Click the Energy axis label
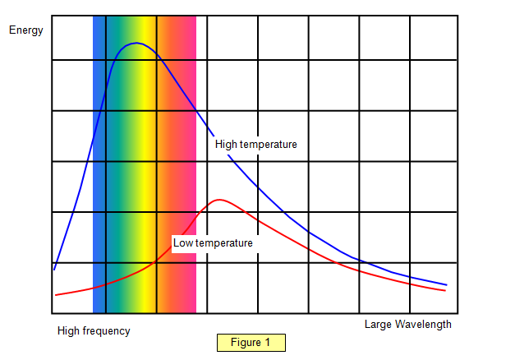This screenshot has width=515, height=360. pos(25,30)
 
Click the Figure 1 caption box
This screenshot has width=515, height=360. pos(251,342)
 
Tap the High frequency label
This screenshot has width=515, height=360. pos(94,330)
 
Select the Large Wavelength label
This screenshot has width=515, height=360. pos(407,324)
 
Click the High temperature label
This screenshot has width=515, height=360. pos(255,144)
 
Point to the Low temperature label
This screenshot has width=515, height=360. pos(213,242)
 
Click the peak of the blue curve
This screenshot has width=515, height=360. pos(135,44)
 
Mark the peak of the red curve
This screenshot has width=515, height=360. pos(219,200)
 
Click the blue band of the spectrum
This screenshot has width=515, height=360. pos(99,164)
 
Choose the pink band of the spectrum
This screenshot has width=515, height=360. pos(190,164)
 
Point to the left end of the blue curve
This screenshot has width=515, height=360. pos(55,269)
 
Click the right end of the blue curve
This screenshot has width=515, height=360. pos(446,284)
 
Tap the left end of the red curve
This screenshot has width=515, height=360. pos(56,294)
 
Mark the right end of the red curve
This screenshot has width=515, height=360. pos(445,290)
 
